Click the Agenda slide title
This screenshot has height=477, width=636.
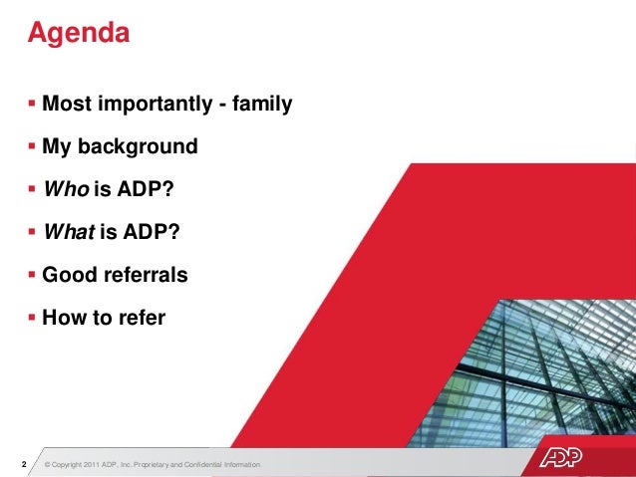[79, 33]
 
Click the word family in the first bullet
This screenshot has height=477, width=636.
[261, 104]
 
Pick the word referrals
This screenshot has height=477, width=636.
[142, 275]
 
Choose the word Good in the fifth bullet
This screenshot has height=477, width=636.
[67, 275]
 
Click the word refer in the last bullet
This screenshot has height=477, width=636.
[140, 318]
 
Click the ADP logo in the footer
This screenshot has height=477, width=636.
[568, 459]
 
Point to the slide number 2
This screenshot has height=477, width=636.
[22, 464]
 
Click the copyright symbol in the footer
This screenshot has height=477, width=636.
[48, 465]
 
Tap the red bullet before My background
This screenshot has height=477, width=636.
[33, 146]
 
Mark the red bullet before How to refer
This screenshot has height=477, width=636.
[33, 318]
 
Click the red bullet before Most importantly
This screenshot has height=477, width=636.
[33, 104]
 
